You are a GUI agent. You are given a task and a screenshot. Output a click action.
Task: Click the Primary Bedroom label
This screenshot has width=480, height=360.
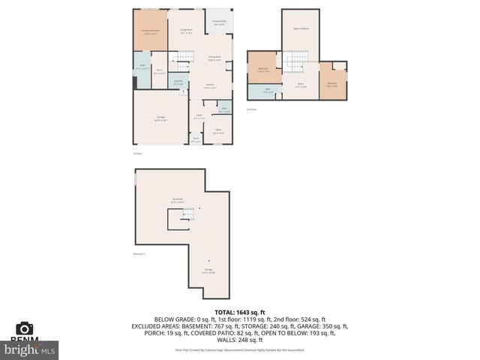coord(150,31)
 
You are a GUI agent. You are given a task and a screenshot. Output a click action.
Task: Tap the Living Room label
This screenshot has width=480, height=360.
coord(186,31)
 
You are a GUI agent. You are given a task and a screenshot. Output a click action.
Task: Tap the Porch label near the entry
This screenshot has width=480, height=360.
coord(196,139)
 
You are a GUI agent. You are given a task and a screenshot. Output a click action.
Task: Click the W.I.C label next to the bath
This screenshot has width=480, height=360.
coord(159,73)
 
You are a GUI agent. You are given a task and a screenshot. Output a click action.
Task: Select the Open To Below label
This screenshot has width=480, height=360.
coord(301,28)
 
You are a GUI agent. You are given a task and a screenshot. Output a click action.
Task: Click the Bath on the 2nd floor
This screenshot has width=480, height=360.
coord(268,91)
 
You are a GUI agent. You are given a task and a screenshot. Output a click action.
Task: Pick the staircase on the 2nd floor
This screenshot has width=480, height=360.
coord(299,61)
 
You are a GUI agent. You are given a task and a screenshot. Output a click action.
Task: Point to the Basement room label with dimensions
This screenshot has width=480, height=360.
coord(177,201)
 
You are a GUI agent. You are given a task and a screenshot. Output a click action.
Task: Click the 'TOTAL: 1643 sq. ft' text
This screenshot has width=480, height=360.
coord(240,311)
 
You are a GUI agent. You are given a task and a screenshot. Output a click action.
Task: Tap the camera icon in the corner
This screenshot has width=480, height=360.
coord(25,328)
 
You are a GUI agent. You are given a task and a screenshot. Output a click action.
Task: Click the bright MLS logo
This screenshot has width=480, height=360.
coord(30,349)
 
